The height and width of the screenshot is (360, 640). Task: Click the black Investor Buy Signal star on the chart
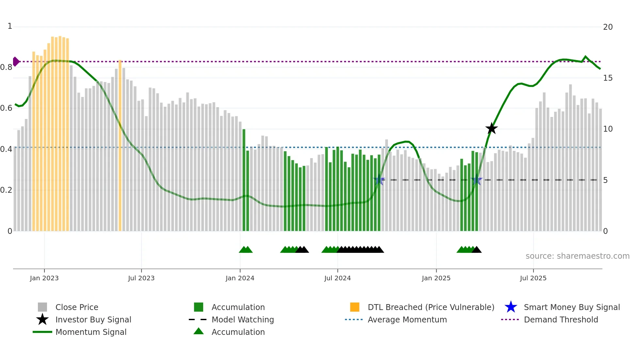tap(491, 129)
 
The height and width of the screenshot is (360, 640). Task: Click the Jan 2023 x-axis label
tap(44, 278)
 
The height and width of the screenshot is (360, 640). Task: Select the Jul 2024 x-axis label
tap(337, 278)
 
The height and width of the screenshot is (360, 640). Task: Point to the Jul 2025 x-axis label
tap(533, 278)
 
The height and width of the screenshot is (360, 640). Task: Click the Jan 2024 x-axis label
tap(240, 278)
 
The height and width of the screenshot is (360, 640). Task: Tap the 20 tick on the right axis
tap(608, 27)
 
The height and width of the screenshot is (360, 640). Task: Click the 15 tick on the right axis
tap(608, 78)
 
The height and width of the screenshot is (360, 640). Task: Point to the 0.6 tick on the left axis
tap(6, 108)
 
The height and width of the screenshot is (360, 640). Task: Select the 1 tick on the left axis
tap(10, 26)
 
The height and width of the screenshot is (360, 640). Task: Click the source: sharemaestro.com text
tap(577, 256)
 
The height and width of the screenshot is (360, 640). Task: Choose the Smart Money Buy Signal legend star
tap(511, 307)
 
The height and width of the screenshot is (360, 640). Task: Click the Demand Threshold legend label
tap(561, 320)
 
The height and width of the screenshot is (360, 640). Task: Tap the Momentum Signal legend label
tap(91, 332)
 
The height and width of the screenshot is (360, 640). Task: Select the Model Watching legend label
tap(243, 320)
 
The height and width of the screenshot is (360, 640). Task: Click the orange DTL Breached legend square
tap(355, 307)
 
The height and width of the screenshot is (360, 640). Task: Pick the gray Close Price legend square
tap(42, 307)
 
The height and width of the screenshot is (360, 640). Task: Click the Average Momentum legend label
tap(407, 320)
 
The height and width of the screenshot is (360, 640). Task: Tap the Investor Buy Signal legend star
tap(42, 319)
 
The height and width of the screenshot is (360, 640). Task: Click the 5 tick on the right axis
tap(605, 180)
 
